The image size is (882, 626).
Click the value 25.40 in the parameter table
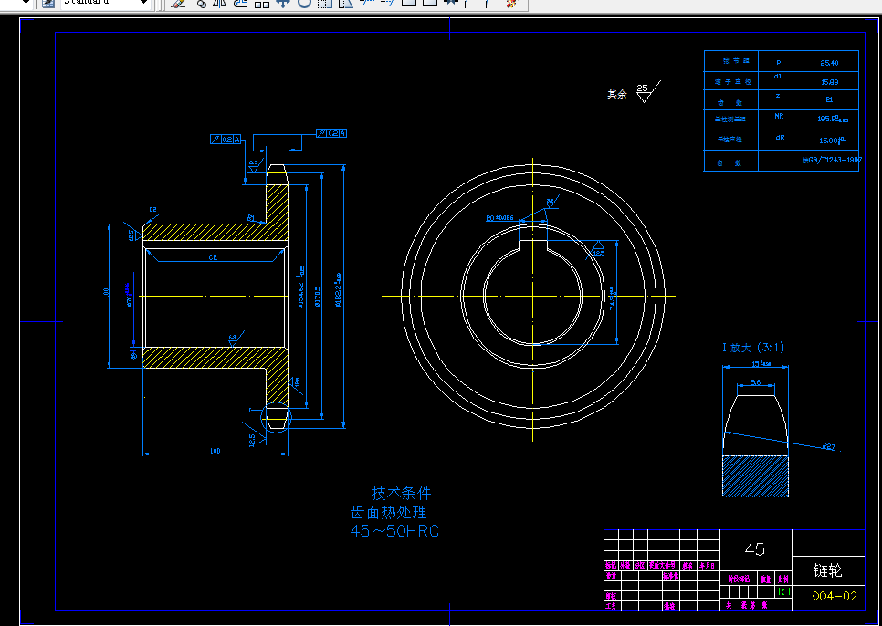click(829, 62)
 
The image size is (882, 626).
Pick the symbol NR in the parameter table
click(779, 117)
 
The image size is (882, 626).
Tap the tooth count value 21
click(829, 99)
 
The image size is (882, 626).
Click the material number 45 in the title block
click(755, 549)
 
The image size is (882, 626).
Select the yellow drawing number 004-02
click(835, 596)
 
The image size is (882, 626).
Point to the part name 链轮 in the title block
click(827, 570)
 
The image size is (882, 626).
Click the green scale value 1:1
click(783, 591)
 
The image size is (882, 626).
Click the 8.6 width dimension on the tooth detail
click(755, 382)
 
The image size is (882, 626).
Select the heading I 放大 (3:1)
click(753, 348)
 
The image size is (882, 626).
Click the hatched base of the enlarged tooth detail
click(755, 475)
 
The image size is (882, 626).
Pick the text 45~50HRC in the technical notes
click(394, 531)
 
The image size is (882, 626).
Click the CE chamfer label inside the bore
click(213, 258)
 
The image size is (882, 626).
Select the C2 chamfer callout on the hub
click(152, 210)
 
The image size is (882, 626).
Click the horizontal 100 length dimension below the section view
click(215, 451)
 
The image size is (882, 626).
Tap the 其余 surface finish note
click(618, 94)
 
